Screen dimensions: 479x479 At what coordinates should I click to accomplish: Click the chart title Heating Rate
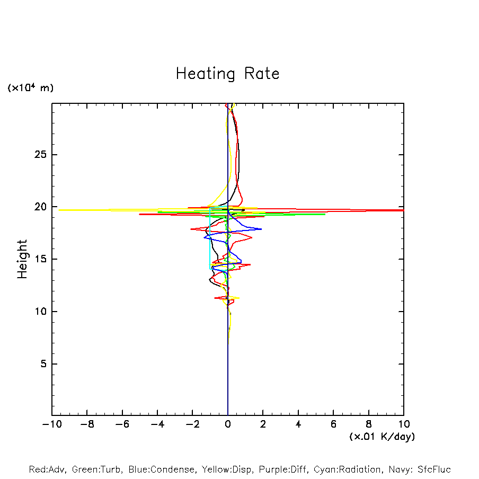click(227, 74)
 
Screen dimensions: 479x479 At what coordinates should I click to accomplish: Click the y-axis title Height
click(22, 259)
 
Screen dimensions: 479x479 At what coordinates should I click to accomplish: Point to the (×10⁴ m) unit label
click(30, 88)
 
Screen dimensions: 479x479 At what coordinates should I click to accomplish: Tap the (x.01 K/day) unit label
click(382, 437)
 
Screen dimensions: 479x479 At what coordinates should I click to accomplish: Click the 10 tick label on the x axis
click(404, 424)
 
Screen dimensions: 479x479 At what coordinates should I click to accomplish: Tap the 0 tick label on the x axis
click(228, 424)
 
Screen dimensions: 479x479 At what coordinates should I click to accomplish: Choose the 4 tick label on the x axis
click(298, 424)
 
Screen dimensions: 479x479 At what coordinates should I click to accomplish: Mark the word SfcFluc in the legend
click(433, 469)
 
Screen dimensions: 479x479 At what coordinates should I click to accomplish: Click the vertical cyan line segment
click(210, 238)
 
